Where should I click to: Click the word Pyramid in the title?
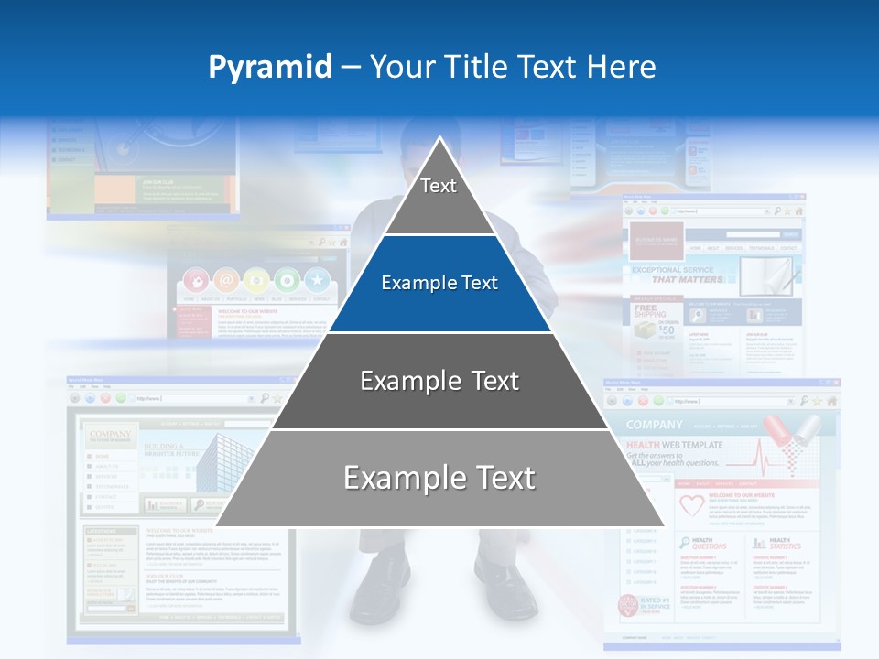pyautogui.click(x=269, y=68)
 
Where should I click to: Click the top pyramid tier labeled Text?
pyautogui.click(x=439, y=188)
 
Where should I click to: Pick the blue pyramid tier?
pyautogui.click(x=439, y=284)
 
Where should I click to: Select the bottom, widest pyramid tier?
pyautogui.click(x=439, y=479)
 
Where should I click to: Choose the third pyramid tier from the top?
pyautogui.click(x=439, y=381)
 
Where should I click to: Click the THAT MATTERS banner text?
pyautogui.click(x=687, y=278)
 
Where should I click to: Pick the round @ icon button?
pyautogui.click(x=225, y=280)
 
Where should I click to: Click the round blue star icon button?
pyautogui.click(x=317, y=280)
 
